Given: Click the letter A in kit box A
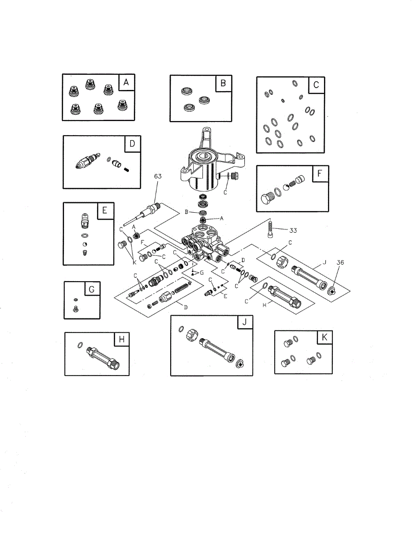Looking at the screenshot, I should click(126, 83).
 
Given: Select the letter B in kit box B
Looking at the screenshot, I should click(223, 83).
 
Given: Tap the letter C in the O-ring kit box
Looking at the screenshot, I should click(316, 85).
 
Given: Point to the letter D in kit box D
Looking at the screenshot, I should click(132, 144).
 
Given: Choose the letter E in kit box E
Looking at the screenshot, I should click(104, 211).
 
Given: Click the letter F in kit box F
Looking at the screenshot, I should click(320, 174).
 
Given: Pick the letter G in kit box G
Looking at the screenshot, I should click(92, 290).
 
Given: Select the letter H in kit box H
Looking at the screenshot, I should click(121, 340).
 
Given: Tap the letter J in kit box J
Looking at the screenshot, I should click(244, 323).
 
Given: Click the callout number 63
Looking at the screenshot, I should click(158, 177).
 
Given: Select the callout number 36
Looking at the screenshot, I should click(340, 263).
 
